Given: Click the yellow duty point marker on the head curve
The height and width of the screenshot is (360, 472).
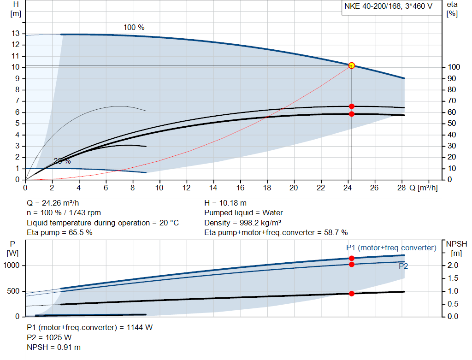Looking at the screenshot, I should click(352, 65).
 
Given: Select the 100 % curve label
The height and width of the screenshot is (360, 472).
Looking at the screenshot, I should click(134, 28).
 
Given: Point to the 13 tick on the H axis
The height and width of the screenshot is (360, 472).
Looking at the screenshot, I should click(16, 34).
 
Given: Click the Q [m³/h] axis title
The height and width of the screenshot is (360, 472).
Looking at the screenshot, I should click(423, 188).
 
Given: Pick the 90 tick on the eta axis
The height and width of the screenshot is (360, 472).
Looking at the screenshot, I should click(452, 79).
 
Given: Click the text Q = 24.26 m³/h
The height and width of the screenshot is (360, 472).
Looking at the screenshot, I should click(56, 203).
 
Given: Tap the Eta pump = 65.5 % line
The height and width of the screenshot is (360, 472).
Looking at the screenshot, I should click(60, 232).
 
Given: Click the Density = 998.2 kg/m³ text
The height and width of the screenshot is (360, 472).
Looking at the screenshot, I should click(243, 223).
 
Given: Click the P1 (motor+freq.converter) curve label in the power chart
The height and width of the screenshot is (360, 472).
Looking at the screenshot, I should click(391, 248).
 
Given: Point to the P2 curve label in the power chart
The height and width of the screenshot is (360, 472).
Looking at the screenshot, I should click(403, 266).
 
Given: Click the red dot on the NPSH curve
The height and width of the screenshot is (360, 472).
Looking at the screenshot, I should click(352, 294).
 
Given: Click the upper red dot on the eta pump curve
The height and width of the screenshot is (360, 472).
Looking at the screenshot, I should click(352, 106).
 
